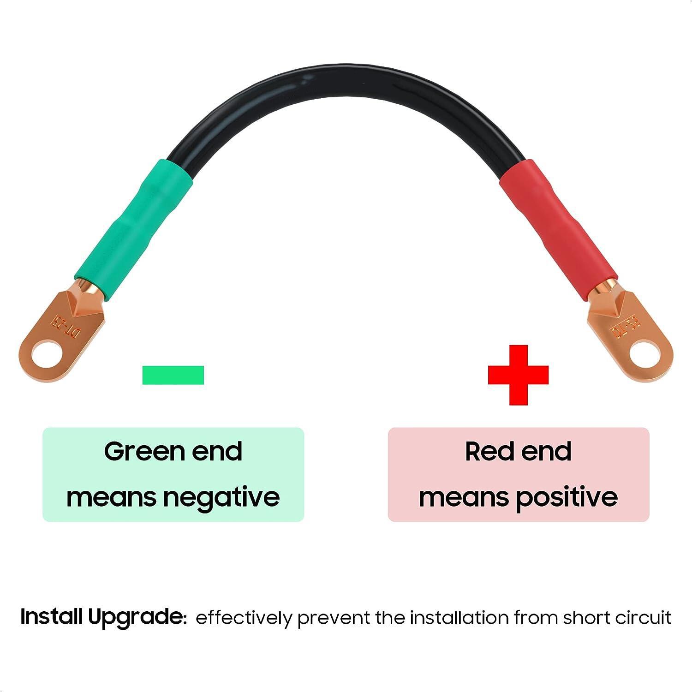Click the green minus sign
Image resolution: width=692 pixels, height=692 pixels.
click(173, 375)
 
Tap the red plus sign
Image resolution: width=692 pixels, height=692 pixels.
click(518, 375)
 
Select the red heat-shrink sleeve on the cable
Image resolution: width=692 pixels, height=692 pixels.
click(558, 221)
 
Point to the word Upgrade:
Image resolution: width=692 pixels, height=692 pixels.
click(137, 617)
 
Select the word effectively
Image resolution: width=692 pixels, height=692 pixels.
click(244, 618)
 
